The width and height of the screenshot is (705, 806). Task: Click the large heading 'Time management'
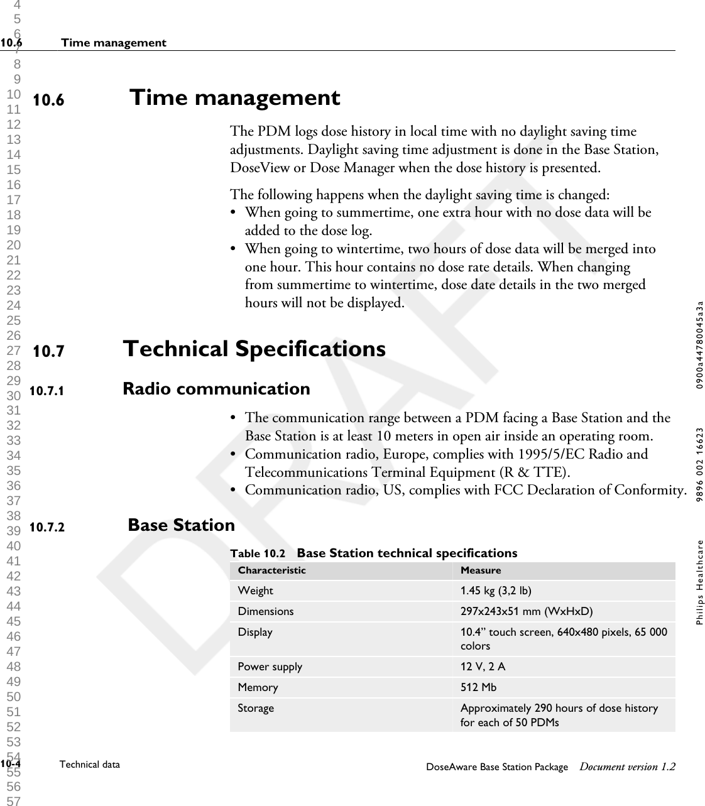[234, 98]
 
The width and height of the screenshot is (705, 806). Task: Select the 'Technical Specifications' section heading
[254, 349]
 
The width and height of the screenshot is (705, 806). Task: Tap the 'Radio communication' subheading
[216, 389]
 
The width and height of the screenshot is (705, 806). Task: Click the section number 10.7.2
[47, 527]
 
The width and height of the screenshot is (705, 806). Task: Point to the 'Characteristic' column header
[271, 570]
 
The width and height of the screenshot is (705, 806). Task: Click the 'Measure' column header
[481, 570]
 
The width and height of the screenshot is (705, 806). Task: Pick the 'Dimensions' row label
[265, 611]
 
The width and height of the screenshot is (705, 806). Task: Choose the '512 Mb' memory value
[478, 687]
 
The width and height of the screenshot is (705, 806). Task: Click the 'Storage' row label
[256, 708]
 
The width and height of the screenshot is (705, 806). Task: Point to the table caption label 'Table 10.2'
[258, 553]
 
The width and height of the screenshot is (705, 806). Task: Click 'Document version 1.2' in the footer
[628, 766]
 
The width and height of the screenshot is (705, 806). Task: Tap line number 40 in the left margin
[14, 546]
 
